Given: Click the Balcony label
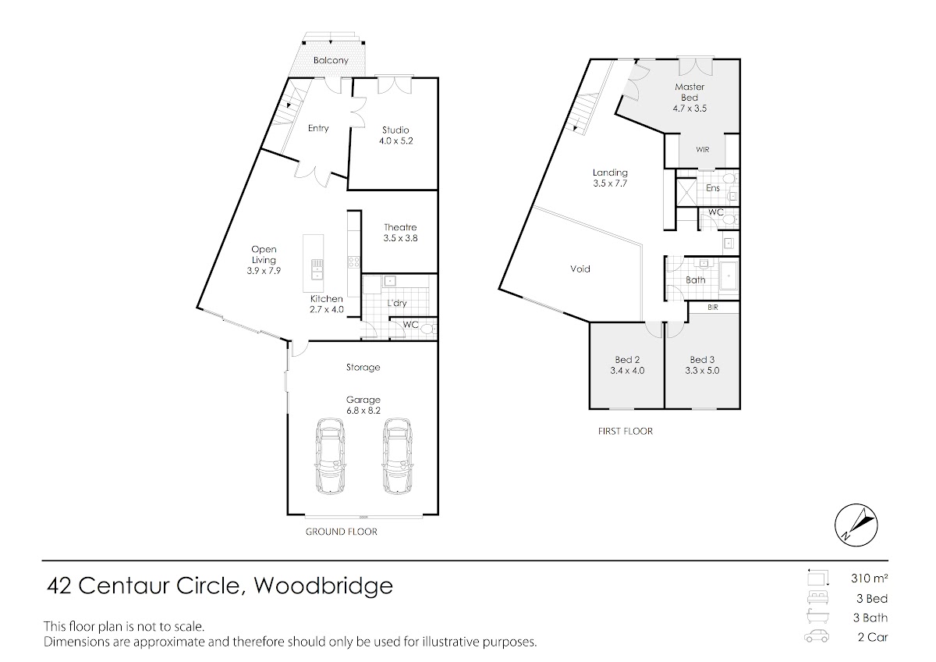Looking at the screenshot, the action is pyautogui.click(x=331, y=60).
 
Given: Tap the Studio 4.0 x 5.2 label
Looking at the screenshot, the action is pyautogui.click(x=395, y=136).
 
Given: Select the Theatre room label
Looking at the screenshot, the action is pyautogui.click(x=400, y=233).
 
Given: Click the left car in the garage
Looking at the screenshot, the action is pyautogui.click(x=331, y=456).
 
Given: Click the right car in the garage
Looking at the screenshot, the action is pyautogui.click(x=397, y=456).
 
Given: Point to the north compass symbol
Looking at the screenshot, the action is pyautogui.click(x=856, y=525).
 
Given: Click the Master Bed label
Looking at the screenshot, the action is pyautogui.click(x=690, y=92).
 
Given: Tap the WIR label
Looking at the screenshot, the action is pyautogui.click(x=703, y=149).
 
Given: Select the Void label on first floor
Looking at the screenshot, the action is pyautogui.click(x=580, y=269).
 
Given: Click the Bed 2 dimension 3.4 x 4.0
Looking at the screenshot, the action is pyautogui.click(x=627, y=371).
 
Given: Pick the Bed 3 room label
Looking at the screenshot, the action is pyautogui.click(x=702, y=360).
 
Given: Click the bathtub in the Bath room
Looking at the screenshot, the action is pyautogui.click(x=729, y=276).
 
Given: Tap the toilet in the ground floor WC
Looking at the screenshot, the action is pyautogui.click(x=428, y=329).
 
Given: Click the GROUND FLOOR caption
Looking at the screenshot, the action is pyautogui.click(x=342, y=532).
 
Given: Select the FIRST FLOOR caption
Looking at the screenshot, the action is pyautogui.click(x=625, y=431).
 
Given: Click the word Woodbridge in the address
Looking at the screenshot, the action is pyautogui.click(x=324, y=585).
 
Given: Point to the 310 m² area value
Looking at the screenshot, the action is pyautogui.click(x=869, y=578).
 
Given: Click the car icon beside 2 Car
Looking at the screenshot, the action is pyautogui.click(x=817, y=636).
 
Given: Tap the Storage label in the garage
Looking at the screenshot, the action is pyautogui.click(x=363, y=368).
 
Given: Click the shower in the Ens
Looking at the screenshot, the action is pyautogui.click(x=686, y=192).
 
